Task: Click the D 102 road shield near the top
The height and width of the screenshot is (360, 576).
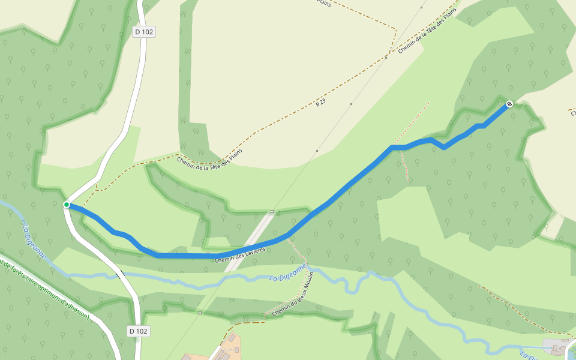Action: pyautogui.click(x=144, y=32)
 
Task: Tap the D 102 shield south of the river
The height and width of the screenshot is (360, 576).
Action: pyautogui.click(x=139, y=331)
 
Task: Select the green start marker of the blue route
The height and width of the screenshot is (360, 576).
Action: pyautogui.click(x=67, y=205)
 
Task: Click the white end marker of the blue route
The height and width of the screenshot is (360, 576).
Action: pyautogui.click(x=509, y=104)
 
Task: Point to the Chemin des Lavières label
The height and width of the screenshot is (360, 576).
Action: pyautogui.click(x=240, y=254)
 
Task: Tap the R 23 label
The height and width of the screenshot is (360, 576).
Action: pyautogui.click(x=320, y=103)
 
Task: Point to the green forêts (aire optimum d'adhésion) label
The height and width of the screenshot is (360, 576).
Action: pyautogui.click(x=45, y=289)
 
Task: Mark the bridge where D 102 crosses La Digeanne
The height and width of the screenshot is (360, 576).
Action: pyautogui.click(x=122, y=275)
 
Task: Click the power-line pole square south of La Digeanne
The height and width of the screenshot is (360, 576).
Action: pyautogui.click(x=200, y=313)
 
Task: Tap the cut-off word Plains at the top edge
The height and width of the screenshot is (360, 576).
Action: pyautogui.click(x=324, y=2)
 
